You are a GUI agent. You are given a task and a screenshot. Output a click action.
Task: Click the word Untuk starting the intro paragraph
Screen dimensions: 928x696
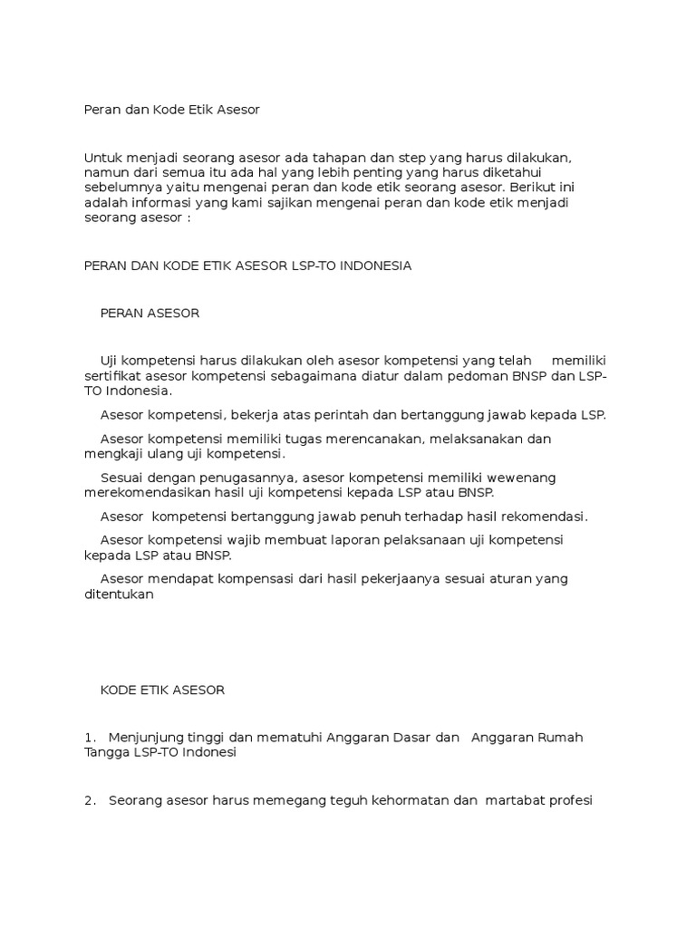pyautogui.click(x=101, y=158)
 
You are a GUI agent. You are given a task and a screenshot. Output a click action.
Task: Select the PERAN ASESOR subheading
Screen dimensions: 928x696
pyautogui.click(x=150, y=314)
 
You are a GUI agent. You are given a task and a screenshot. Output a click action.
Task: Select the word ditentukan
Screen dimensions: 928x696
pyautogui.click(x=120, y=594)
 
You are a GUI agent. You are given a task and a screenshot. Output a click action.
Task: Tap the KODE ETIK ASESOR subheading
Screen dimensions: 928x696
pyautogui.click(x=162, y=690)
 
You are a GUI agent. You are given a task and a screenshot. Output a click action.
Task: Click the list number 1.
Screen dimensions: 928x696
pyautogui.click(x=89, y=737)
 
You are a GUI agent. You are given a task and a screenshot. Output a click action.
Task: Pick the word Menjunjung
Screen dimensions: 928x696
pyautogui.click(x=148, y=738)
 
